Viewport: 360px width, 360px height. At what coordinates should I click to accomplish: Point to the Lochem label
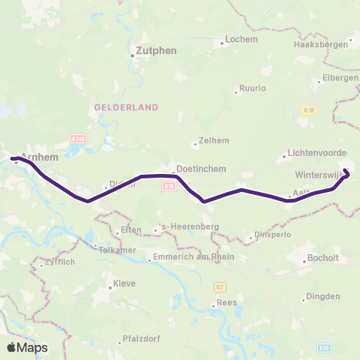click(x=241, y=40)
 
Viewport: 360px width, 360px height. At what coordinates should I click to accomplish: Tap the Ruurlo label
click(x=253, y=88)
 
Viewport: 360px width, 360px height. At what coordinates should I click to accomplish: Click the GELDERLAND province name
click(x=126, y=107)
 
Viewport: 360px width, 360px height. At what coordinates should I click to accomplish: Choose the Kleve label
click(x=124, y=284)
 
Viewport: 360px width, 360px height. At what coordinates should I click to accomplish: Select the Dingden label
click(x=323, y=296)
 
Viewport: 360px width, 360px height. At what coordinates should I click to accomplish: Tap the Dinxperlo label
click(x=274, y=238)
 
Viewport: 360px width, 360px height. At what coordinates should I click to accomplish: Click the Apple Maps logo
click(x=27, y=347)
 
